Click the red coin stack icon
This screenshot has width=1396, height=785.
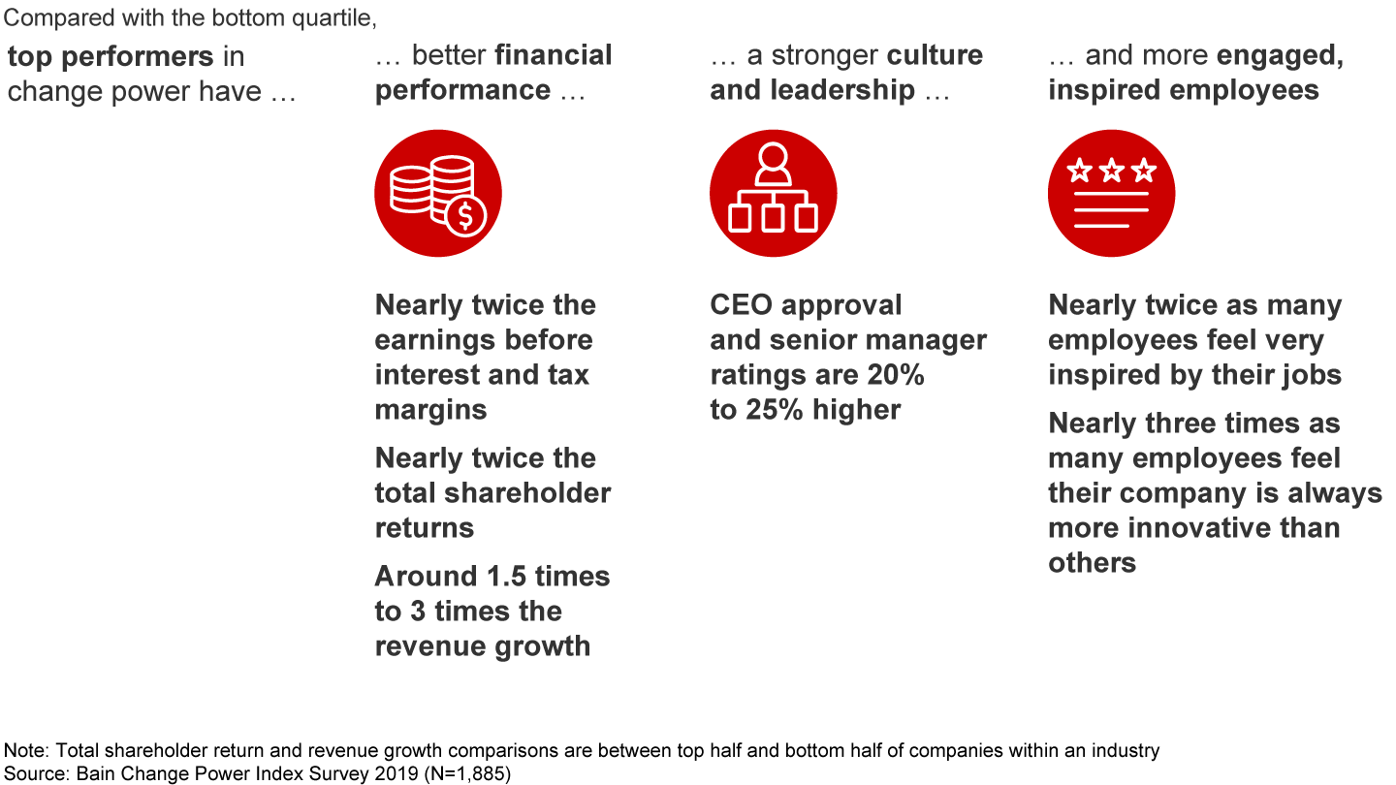437,193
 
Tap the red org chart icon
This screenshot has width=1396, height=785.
773,193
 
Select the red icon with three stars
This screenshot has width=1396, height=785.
1111,193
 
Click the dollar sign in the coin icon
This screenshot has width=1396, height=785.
466,216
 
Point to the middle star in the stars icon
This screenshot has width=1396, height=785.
1111,173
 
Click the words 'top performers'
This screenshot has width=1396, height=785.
111,56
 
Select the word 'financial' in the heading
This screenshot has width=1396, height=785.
554,55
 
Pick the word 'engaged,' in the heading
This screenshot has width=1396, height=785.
1281,56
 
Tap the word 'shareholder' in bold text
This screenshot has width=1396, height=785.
530,493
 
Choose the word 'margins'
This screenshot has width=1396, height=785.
431,410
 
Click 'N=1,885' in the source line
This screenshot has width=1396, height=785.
466,772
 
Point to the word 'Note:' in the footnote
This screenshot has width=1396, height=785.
24,751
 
